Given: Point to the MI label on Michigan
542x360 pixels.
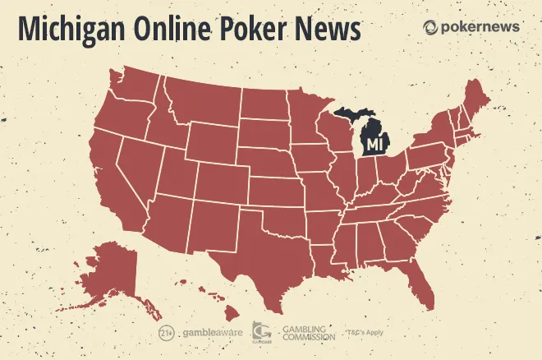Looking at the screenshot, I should point(375,145).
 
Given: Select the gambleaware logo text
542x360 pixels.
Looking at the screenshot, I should point(207,333).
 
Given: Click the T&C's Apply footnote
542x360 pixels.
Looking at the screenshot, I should point(362,333).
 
